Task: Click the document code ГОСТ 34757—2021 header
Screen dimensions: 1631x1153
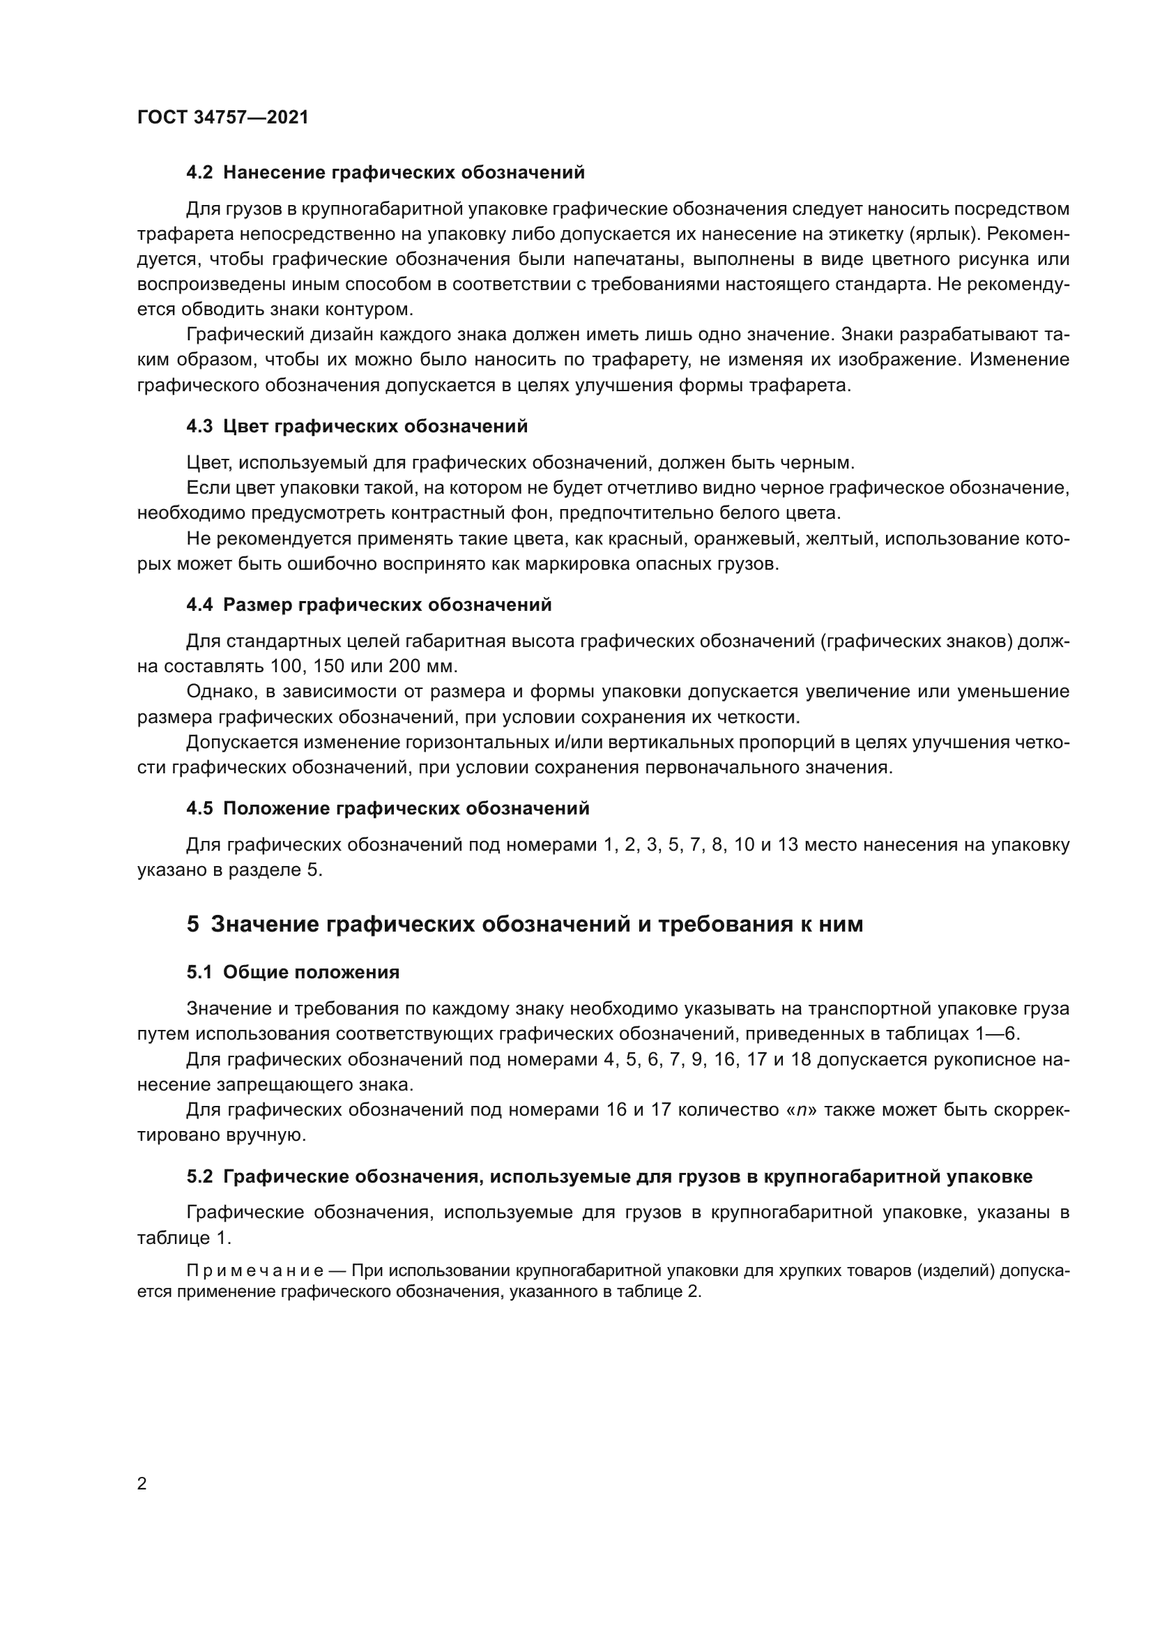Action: click(x=223, y=117)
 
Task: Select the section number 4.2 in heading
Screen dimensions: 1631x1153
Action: click(x=199, y=173)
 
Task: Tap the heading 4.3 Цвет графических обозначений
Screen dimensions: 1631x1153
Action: click(x=357, y=426)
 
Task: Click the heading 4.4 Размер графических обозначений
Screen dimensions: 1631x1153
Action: click(x=369, y=605)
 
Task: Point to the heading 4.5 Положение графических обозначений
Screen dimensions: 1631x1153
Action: click(x=388, y=808)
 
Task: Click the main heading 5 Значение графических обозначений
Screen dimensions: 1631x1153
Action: click(x=525, y=924)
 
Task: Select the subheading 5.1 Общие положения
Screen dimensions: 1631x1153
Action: click(x=293, y=973)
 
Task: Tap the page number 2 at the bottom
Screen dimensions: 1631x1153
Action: click(x=142, y=1484)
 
